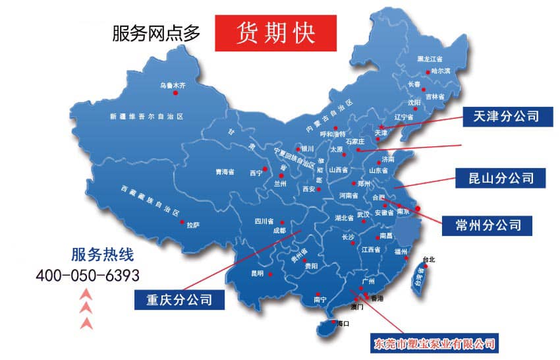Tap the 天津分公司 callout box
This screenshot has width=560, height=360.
tap(501, 117)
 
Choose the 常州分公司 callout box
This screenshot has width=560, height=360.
tap(488, 224)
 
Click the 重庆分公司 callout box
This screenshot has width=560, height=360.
tap(179, 299)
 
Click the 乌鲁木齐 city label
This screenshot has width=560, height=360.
tap(173, 85)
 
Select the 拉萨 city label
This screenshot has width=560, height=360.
tap(193, 225)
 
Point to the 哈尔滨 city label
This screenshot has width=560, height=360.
tap(441, 71)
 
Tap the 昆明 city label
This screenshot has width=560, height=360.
tap(256, 273)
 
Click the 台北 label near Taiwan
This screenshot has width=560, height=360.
tap(429, 259)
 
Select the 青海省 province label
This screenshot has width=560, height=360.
tap(225, 172)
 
